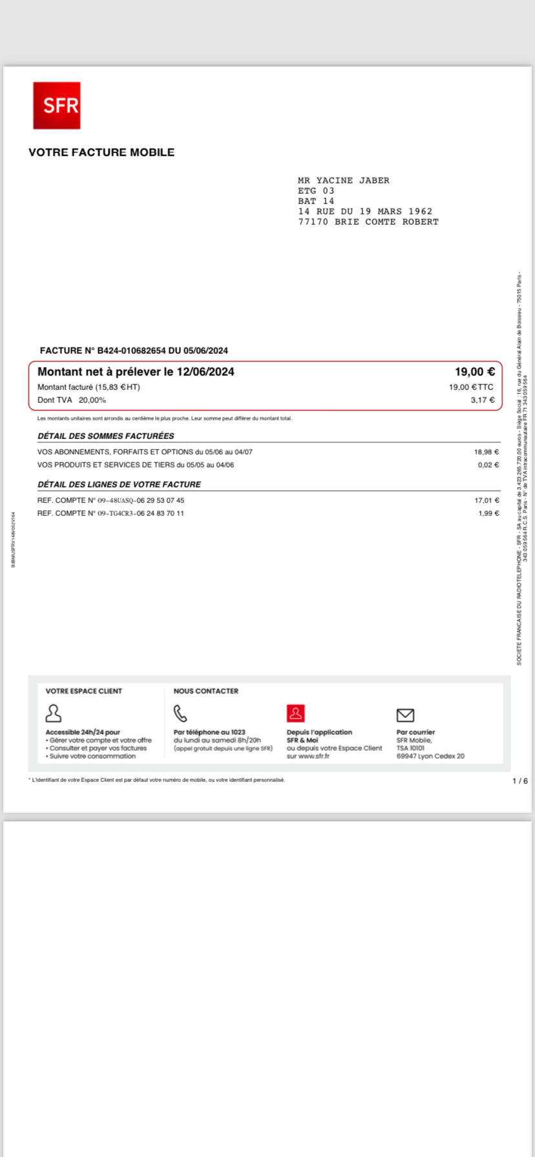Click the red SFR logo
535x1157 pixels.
[57, 105]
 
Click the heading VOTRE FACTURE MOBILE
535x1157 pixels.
[101, 152]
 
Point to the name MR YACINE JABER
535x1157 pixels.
[344, 181]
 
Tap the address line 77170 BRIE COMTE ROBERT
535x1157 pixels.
[368, 222]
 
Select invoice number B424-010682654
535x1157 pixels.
[131, 351]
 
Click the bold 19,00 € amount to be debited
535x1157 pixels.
[475, 372]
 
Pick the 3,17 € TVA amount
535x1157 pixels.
[483, 400]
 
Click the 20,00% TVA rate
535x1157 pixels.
[92, 400]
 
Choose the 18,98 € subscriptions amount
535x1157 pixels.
[487, 452]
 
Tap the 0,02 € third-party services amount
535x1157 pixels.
[488, 465]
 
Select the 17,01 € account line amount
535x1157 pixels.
[487, 500]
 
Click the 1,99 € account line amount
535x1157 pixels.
[488, 513]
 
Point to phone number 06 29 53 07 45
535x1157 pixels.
[160, 500]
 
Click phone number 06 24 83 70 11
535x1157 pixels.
[160, 513]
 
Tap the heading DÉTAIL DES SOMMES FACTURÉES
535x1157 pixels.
[106, 436]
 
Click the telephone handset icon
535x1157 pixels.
[180, 713]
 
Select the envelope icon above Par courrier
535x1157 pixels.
[405, 715]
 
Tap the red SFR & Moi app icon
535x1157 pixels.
[295, 713]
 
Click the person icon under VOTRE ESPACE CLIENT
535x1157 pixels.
[54, 713]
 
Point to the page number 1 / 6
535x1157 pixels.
[520, 781]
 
